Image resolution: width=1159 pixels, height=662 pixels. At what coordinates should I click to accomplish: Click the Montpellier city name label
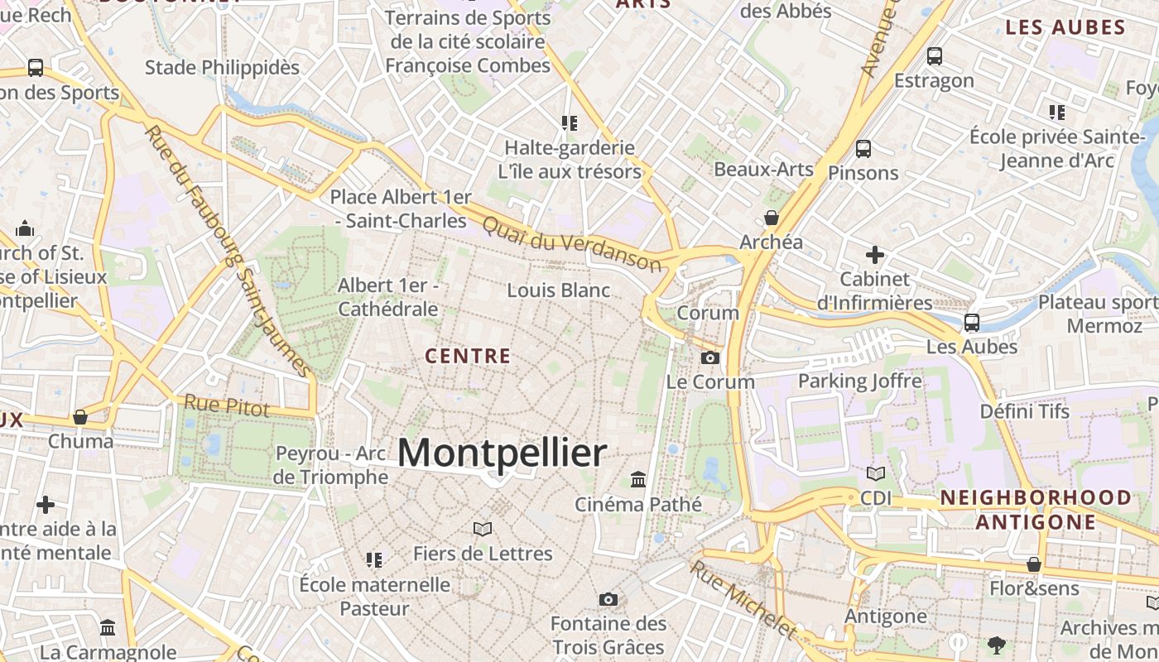(502, 453)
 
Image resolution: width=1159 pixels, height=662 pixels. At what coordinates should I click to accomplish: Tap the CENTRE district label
(468, 357)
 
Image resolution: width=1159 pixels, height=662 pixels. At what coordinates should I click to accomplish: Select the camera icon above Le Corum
(710, 357)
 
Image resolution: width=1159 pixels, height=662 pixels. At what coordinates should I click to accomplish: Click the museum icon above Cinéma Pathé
(638, 479)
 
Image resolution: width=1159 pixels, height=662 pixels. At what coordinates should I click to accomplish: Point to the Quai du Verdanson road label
(571, 243)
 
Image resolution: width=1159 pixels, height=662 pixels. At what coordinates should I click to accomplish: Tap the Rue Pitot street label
(227, 405)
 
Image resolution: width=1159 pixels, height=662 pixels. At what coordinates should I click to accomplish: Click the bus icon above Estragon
(935, 56)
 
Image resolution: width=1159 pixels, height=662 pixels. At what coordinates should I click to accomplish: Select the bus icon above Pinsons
(863, 149)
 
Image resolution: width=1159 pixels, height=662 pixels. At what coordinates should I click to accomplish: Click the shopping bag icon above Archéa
(772, 218)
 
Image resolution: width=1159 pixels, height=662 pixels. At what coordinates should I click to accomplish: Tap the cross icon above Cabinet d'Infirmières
(874, 255)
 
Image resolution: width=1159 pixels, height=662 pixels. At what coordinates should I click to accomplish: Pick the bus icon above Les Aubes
(972, 322)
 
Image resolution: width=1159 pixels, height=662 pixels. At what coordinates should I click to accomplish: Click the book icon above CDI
(876, 474)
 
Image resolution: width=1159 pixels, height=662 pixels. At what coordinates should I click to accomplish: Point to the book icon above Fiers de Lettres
(483, 529)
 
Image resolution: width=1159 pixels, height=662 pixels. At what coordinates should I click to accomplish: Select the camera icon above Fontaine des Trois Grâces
(608, 599)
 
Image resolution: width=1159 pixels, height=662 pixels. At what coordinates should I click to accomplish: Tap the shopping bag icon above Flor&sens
(1034, 564)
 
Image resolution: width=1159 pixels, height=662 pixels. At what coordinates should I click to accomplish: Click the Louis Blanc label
(559, 290)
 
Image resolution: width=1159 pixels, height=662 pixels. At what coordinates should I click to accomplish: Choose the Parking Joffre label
(859, 381)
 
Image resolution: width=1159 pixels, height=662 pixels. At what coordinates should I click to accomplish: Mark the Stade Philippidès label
(222, 67)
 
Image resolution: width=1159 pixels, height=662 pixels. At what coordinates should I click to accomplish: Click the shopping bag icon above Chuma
(80, 417)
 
